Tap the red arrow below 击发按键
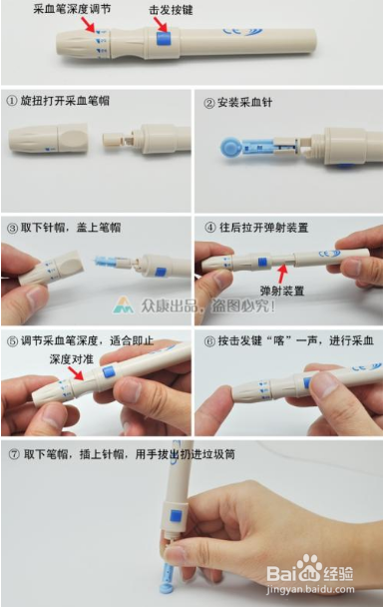coord(164,24)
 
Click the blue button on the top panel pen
coord(164,42)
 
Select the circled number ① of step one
coord(11,102)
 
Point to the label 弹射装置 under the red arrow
coord(281,290)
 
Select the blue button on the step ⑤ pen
coord(107,372)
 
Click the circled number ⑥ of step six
coord(204,339)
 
